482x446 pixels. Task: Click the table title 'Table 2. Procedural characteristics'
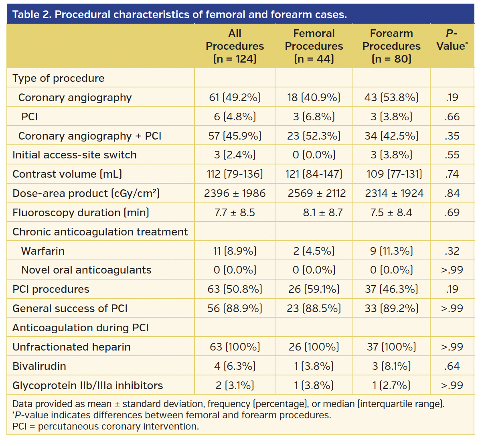click(x=179, y=15)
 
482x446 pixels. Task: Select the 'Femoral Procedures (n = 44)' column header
click(x=314, y=46)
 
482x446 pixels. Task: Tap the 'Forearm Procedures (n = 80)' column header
click(x=391, y=46)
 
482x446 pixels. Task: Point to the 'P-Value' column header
click(x=452, y=40)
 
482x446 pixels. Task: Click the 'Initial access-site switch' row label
click(x=75, y=155)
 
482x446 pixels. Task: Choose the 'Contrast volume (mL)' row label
click(x=67, y=174)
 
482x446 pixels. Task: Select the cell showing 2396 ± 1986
click(x=235, y=193)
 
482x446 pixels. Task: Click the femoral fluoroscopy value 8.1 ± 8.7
click(x=322, y=213)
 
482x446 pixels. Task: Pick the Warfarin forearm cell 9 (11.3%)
click(x=391, y=251)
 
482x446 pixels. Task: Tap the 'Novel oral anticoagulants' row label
click(x=86, y=270)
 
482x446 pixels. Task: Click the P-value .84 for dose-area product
click(x=452, y=193)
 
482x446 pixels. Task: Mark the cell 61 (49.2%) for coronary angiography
click(x=235, y=97)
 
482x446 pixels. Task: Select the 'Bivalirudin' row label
click(x=39, y=366)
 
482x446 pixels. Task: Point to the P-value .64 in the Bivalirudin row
click(x=452, y=366)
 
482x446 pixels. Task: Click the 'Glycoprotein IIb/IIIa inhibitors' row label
click(x=88, y=385)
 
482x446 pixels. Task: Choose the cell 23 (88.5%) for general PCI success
click(x=314, y=308)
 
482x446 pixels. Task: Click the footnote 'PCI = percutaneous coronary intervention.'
click(x=105, y=426)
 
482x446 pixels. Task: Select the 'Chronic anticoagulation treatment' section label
click(x=100, y=232)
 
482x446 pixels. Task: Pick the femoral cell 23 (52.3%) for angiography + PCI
click(x=314, y=136)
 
